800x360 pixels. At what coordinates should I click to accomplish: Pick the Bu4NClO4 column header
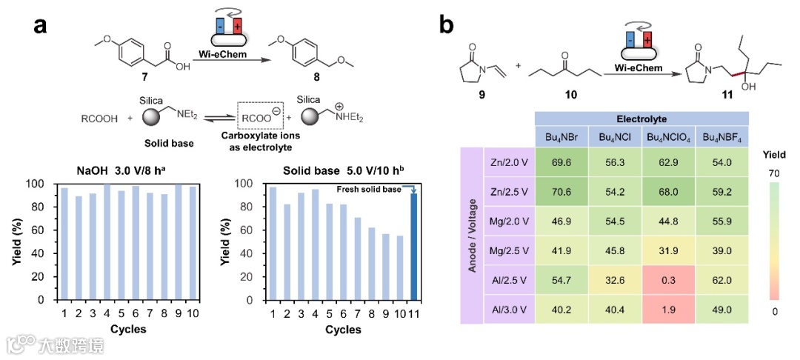coord(669,137)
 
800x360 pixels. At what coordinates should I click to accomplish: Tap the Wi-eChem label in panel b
coord(638,69)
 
